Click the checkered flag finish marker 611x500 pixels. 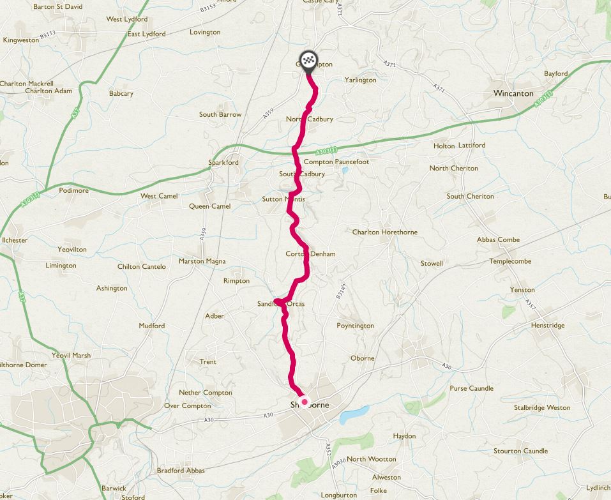pos(310,60)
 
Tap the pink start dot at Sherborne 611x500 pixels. pos(305,402)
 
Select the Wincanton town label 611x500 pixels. pos(513,93)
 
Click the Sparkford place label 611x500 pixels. pos(223,163)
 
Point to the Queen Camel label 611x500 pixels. pos(209,206)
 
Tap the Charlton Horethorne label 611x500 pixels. pos(385,232)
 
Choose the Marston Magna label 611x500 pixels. pos(202,261)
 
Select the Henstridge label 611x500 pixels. pos(548,326)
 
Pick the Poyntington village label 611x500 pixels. pos(355,326)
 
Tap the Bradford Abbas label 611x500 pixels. pos(181,471)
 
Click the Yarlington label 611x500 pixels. pos(361,80)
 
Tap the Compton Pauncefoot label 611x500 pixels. pos(336,162)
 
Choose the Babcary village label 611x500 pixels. pos(121,94)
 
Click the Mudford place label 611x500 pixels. pos(152,326)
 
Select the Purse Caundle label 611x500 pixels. pos(471,388)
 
